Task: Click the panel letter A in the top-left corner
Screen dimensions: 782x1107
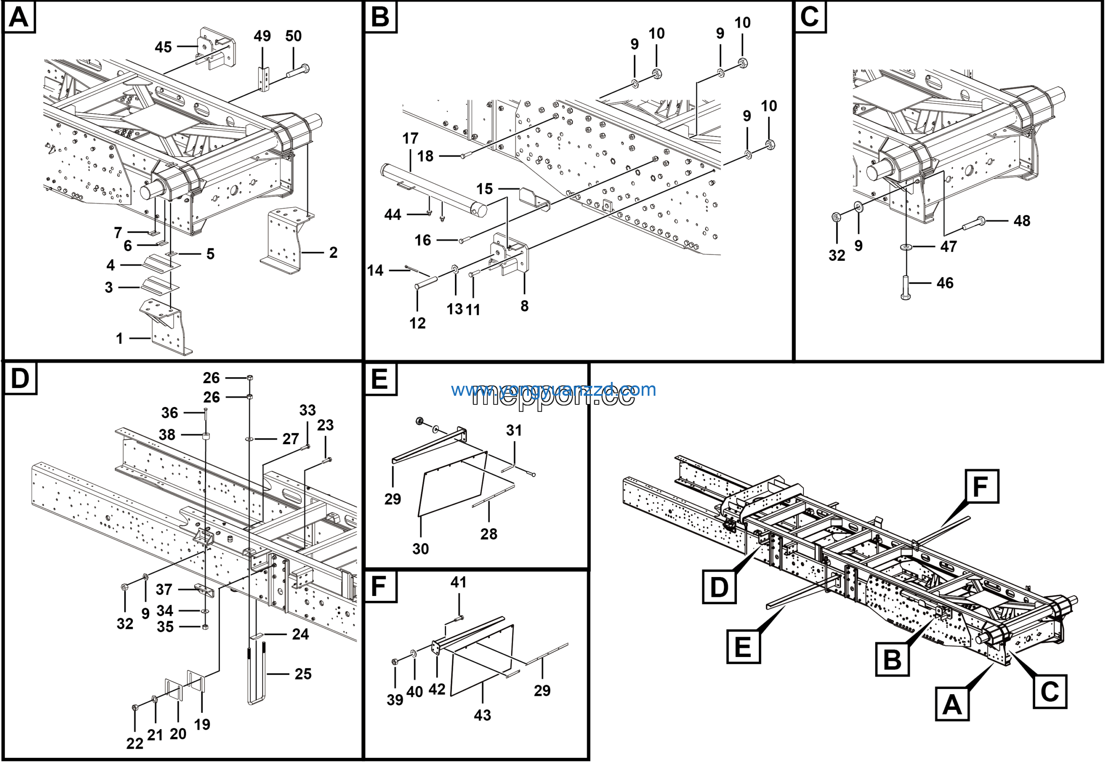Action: pos(19,17)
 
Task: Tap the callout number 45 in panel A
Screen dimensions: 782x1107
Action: pos(163,47)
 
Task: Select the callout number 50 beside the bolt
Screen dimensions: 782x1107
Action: pos(293,36)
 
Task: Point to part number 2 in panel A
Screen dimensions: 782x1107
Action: pos(333,253)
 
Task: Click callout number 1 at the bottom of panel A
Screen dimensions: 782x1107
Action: pos(119,339)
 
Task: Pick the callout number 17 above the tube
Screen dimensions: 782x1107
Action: pos(410,139)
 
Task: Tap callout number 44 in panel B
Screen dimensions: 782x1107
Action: pos(393,215)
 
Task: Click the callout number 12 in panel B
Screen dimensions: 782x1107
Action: pos(418,323)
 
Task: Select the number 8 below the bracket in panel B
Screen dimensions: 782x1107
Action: pos(525,306)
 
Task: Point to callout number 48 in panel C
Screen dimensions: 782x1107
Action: pos(1022,221)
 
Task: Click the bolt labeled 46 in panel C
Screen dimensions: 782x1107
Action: pos(905,288)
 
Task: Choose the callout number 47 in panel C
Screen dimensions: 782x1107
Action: pos(948,247)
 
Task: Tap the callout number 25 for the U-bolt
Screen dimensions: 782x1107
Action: pos(303,674)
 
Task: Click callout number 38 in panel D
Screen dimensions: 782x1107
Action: pos(167,435)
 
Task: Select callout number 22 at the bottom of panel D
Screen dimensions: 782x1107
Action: pos(134,744)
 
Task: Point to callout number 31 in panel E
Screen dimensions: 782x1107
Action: pos(514,430)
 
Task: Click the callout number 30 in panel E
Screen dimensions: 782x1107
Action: pos(420,548)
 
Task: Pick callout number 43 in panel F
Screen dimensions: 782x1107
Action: pos(482,715)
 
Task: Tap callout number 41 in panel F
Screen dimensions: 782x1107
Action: pos(458,583)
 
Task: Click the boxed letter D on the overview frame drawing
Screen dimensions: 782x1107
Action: pos(719,587)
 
